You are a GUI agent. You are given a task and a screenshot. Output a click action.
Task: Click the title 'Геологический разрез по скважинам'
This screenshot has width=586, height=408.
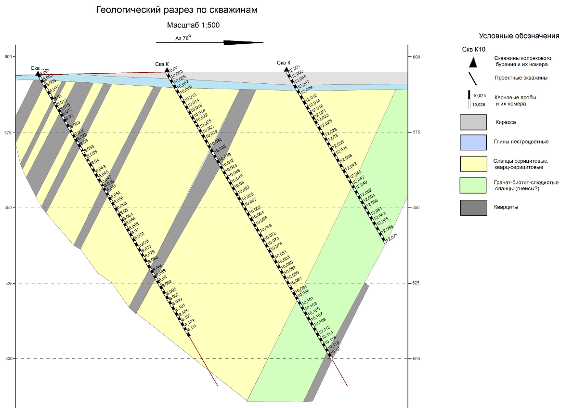coord(177,10)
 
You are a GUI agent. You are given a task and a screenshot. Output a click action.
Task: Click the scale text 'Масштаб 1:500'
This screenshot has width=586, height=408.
coord(193,26)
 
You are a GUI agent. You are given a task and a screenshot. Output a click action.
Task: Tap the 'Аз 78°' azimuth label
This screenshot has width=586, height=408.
coord(183,38)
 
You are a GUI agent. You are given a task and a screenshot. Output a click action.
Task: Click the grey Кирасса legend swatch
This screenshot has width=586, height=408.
coord(473,122)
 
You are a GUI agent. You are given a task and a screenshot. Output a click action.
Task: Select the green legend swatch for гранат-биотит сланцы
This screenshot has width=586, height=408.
coord(473,185)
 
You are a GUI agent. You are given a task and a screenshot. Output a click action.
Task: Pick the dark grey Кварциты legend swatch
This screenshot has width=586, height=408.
coord(473,207)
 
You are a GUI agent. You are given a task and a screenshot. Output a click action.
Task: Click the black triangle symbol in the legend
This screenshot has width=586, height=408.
coord(473,62)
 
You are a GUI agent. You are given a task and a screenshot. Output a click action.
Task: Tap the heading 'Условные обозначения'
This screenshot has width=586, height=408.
coord(519,36)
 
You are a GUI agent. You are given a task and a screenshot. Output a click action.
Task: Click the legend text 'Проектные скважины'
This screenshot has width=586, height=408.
coord(514,78)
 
